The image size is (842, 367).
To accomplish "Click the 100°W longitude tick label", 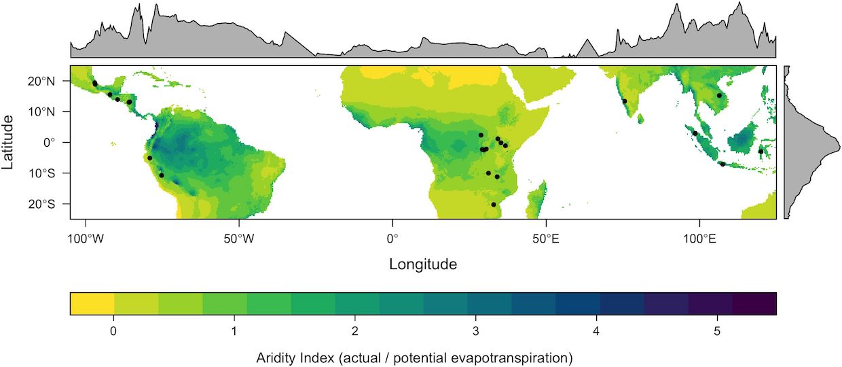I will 86,239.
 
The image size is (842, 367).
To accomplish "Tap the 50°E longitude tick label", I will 546,239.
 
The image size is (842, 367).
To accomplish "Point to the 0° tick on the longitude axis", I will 392,239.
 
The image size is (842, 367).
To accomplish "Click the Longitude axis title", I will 423,264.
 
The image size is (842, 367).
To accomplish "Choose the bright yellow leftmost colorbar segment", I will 92,304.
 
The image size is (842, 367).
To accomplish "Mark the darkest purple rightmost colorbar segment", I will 754,304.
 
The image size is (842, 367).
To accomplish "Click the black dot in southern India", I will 625,101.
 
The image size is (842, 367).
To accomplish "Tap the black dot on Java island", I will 722,164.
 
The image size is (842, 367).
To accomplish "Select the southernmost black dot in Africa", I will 494,205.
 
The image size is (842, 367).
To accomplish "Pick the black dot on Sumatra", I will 695,133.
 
